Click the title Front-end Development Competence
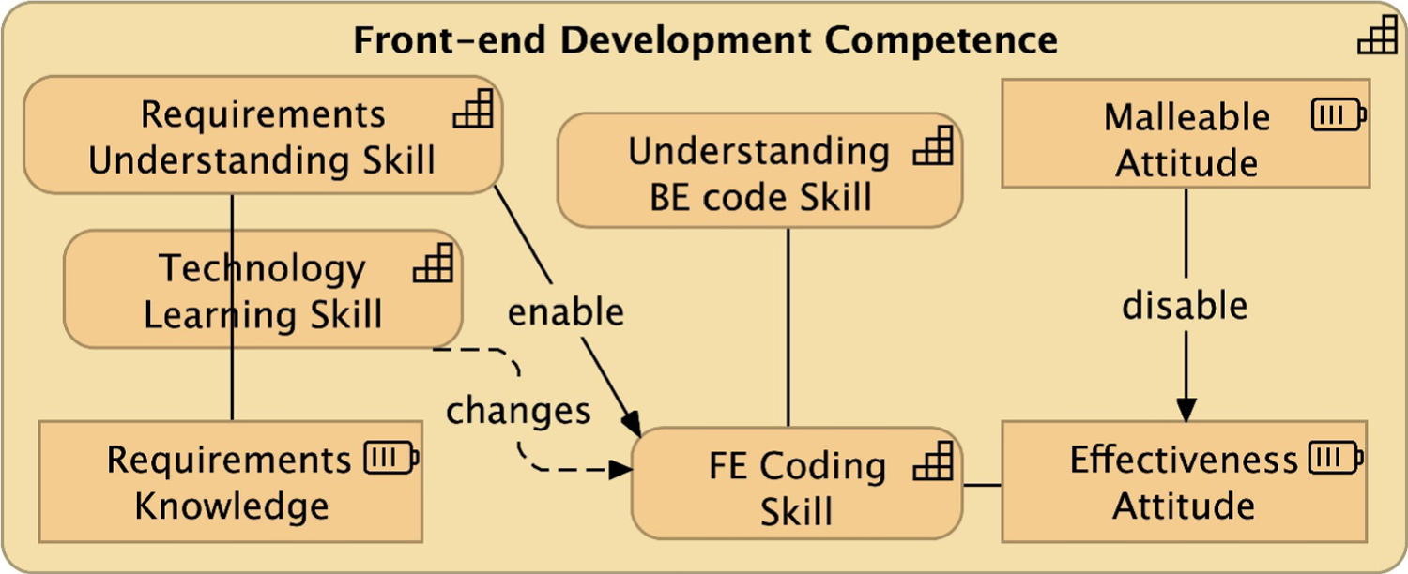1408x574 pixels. click(x=705, y=40)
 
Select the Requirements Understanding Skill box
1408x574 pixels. click(x=262, y=136)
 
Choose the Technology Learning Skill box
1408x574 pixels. click(x=262, y=290)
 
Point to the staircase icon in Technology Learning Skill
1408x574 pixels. click(x=433, y=264)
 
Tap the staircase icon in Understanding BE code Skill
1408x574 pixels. click(x=933, y=146)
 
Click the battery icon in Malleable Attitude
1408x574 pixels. click(x=1338, y=115)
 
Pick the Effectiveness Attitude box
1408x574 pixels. click(x=1185, y=482)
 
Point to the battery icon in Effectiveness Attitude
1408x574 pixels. click(x=1334, y=458)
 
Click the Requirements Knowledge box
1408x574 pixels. click(x=231, y=482)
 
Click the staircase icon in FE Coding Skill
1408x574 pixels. click(x=933, y=461)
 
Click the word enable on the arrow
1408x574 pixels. click(x=565, y=311)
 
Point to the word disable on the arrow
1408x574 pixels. click(x=1186, y=306)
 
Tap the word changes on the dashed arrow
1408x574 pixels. click(x=518, y=411)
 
